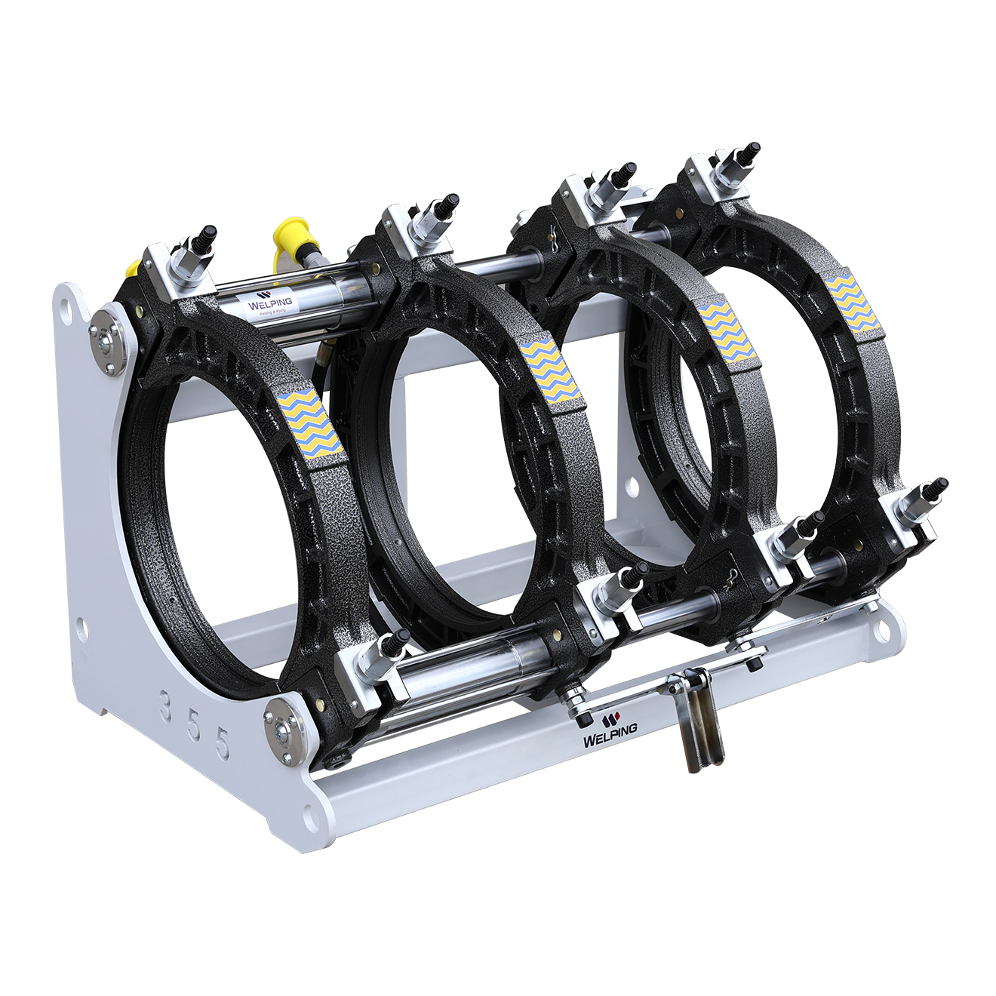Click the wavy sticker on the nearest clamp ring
click(x=310, y=424)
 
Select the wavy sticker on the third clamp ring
click(x=724, y=333)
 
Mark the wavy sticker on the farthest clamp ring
click(x=852, y=303)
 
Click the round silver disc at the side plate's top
click(x=104, y=339)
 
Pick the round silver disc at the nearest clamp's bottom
click(x=284, y=727)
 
